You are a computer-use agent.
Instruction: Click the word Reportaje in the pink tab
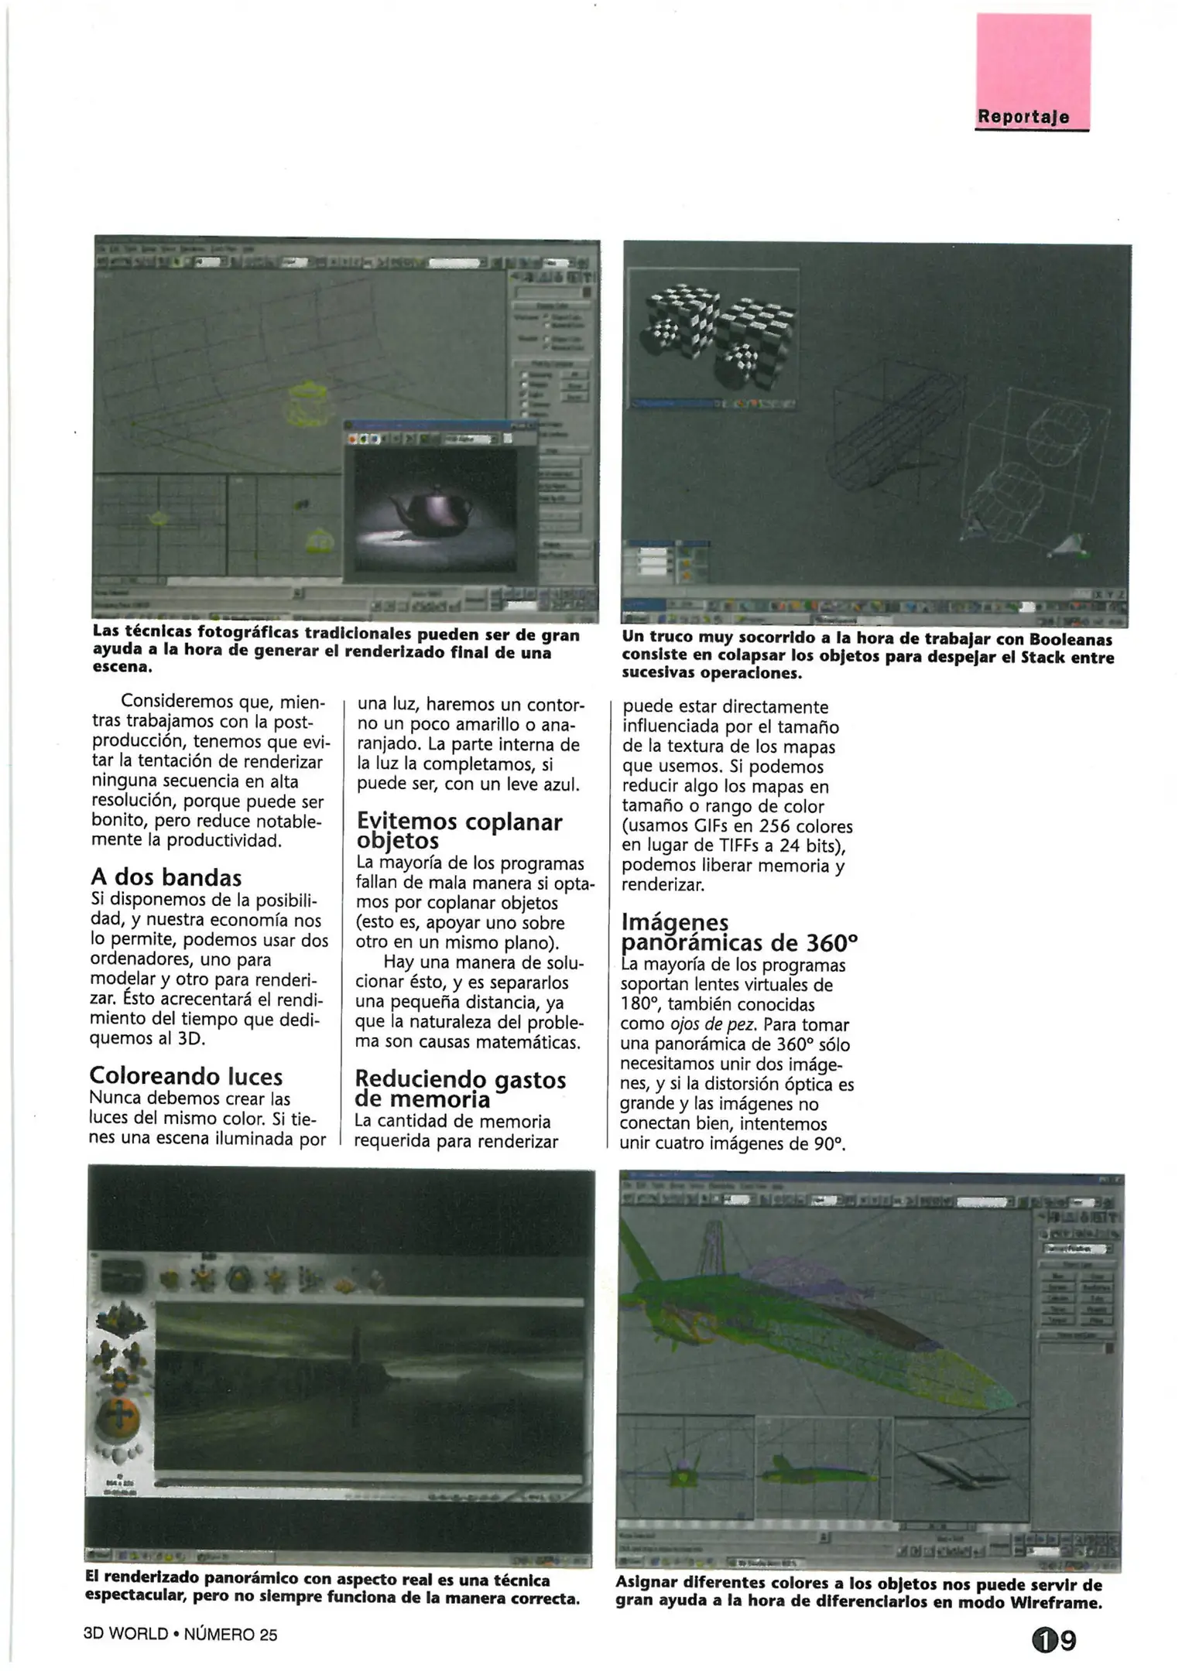click(1023, 117)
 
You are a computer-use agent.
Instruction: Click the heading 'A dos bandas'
click(166, 877)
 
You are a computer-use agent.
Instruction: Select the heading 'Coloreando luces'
click(186, 1076)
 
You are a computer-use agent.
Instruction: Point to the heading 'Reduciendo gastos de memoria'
click(460, 1089)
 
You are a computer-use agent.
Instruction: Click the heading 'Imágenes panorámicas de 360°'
click(738, 933)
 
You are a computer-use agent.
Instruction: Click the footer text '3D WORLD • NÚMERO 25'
click(180, 1634)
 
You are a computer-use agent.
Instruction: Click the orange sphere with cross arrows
click(118, 1415)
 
